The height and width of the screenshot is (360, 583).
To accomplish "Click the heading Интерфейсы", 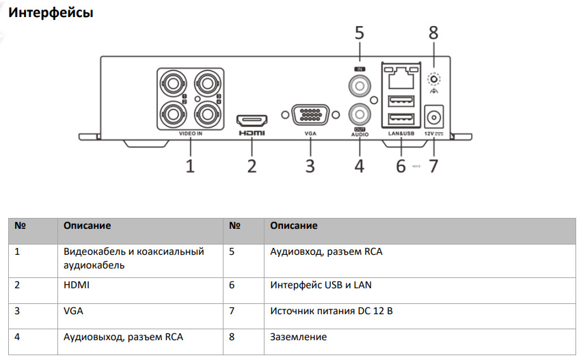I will click(x=50, y=12).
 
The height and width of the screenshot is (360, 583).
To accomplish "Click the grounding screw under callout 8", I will click(x=433, y=79).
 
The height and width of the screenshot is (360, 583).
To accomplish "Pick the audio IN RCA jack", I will click(x=359, y=86).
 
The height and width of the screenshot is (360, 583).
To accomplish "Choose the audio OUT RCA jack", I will click(x=359, y=112).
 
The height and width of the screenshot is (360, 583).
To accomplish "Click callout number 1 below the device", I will click(x=190, y=165).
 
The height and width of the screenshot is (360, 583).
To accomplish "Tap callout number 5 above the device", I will click(x=360, y=32).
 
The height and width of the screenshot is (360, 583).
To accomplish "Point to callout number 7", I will click(x=433, y=166).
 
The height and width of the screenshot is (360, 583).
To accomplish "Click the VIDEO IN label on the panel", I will click(x=191, y=135).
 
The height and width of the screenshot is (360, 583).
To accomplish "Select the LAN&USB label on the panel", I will click(x=401, y=134).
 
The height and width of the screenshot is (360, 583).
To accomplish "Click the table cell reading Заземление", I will click(x=299, y=337).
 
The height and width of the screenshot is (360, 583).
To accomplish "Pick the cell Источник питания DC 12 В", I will click(x=331, y=311).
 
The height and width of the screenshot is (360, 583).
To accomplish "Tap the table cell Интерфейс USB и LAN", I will click(x=321, y=285).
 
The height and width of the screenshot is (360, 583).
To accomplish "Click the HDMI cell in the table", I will click(x=77, y=285).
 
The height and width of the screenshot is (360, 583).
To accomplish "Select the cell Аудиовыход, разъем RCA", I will click(x=123, y=337).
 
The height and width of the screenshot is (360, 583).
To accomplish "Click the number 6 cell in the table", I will click(x=232, y=285).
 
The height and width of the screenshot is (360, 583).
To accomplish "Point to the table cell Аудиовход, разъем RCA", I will click(x=326, y=251).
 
